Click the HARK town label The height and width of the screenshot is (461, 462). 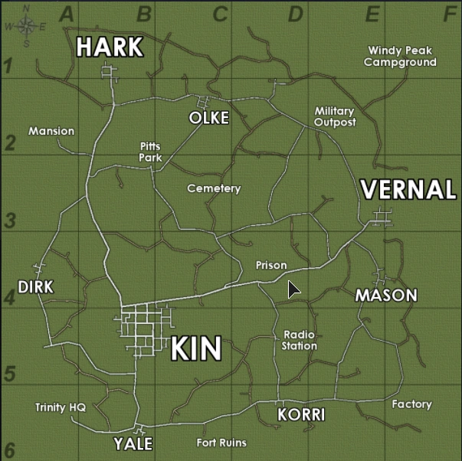[x=110, y=47]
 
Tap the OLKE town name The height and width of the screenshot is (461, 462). [x=209, y=118]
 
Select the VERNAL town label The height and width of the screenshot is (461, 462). [x=408, y=189]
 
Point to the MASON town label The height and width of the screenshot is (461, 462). [x=386, y=295]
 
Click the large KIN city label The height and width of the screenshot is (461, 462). [x=195, y=348]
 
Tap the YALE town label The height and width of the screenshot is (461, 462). [x=133, y=444]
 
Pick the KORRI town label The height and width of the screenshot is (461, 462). [x=301, y=415]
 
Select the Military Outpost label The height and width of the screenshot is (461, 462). [x=335, y=116]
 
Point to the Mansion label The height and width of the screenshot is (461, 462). [x=51, y=131]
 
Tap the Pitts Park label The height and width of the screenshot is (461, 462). [x=151, y=151]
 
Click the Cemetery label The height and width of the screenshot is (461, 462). [x=214, y=188]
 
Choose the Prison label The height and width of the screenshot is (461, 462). [x=271, y=265]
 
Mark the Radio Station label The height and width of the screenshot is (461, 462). [x=300, y=340]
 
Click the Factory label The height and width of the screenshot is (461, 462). [x=411, y=404]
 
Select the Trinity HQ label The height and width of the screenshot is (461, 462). [x=61, y=407]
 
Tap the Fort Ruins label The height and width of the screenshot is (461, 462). [x=221, y=442]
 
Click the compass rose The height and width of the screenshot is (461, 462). [x=26, y=26]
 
